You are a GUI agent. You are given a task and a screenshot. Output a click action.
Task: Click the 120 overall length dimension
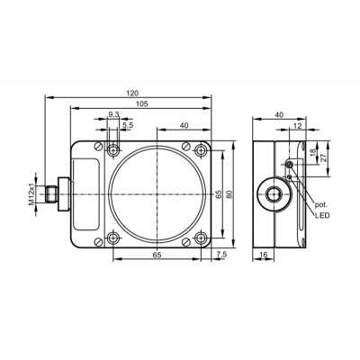(x=132, y=93)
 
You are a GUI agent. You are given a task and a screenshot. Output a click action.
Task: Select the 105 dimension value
(x=142, y=103)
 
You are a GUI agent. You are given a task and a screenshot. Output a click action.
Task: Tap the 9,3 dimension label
(x=113, y=114)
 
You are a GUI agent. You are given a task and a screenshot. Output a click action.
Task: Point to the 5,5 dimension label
(x=128, y=125)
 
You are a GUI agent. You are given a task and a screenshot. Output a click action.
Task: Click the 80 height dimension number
(x=229, y=194)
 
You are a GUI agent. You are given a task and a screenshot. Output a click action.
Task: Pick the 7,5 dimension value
(x=221, y=255)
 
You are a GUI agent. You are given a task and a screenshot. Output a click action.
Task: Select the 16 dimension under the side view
(x=263, y=255)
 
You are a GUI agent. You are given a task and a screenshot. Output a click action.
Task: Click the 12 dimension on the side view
(x=297, y=126)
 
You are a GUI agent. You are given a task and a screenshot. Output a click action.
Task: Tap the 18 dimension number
(x=313, y=152)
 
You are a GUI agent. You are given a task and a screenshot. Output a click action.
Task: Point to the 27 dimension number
(x=323, y=158)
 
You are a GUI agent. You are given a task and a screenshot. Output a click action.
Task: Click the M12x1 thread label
(x=32, y=194)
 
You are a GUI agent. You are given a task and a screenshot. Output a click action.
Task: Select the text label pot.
(x=321, y=205)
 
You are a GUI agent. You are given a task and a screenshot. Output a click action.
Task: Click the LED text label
(x=322, y=215)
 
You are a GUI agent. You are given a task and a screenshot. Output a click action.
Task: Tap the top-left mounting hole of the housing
(x=112, y=149)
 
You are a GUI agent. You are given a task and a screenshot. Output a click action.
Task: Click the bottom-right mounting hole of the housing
(x=201, y=238)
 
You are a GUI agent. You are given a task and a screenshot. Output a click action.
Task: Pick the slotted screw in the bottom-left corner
(x=99, y=241)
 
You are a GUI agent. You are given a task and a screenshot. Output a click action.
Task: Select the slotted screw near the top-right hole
(x=186, y=146)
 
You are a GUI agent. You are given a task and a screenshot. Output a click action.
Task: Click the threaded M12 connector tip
(x=50, y=194)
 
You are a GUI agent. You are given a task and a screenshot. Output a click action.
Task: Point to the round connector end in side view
(x=274, y=194)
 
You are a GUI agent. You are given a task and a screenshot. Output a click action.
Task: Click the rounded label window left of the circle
(x=85, y=194)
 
